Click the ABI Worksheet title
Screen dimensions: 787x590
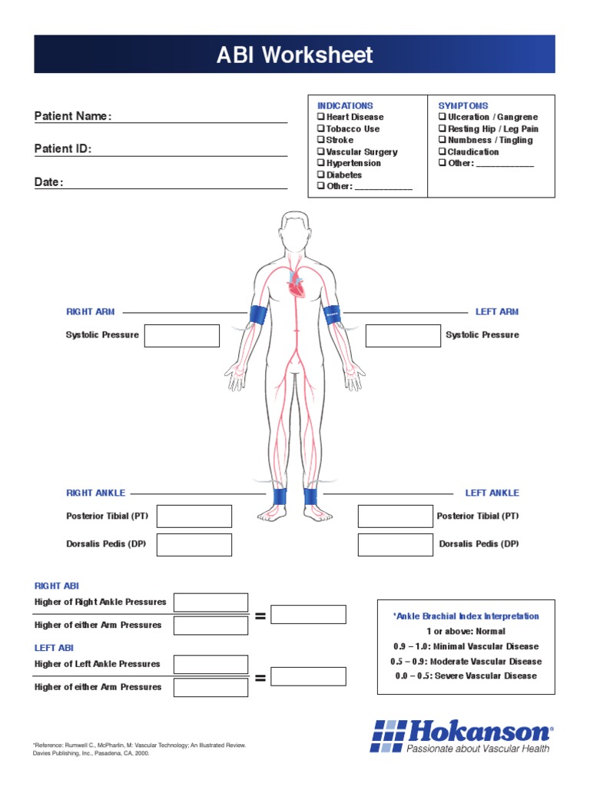(294, 55)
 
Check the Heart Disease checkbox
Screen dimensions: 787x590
(321, 117)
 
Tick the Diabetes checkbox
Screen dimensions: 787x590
(321, 175)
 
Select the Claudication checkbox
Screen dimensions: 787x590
(442, 152)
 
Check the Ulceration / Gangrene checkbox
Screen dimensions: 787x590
(442, 117)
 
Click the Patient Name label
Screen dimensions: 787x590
(73, 116)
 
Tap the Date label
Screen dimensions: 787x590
(48, 183)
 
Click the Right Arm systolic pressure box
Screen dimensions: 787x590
(182, 336)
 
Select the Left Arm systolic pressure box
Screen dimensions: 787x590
(403, 336)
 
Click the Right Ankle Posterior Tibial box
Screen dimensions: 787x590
(194, 516)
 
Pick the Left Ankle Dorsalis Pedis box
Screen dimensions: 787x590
(395, 545)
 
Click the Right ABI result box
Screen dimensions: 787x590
(308, 614)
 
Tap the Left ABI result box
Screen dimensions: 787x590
(308, 676)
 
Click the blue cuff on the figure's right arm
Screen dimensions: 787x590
(259, 316)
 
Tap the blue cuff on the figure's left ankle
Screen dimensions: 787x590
(310, 496)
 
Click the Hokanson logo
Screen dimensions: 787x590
(461, 736)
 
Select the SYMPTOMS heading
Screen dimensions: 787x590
(463, 105)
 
